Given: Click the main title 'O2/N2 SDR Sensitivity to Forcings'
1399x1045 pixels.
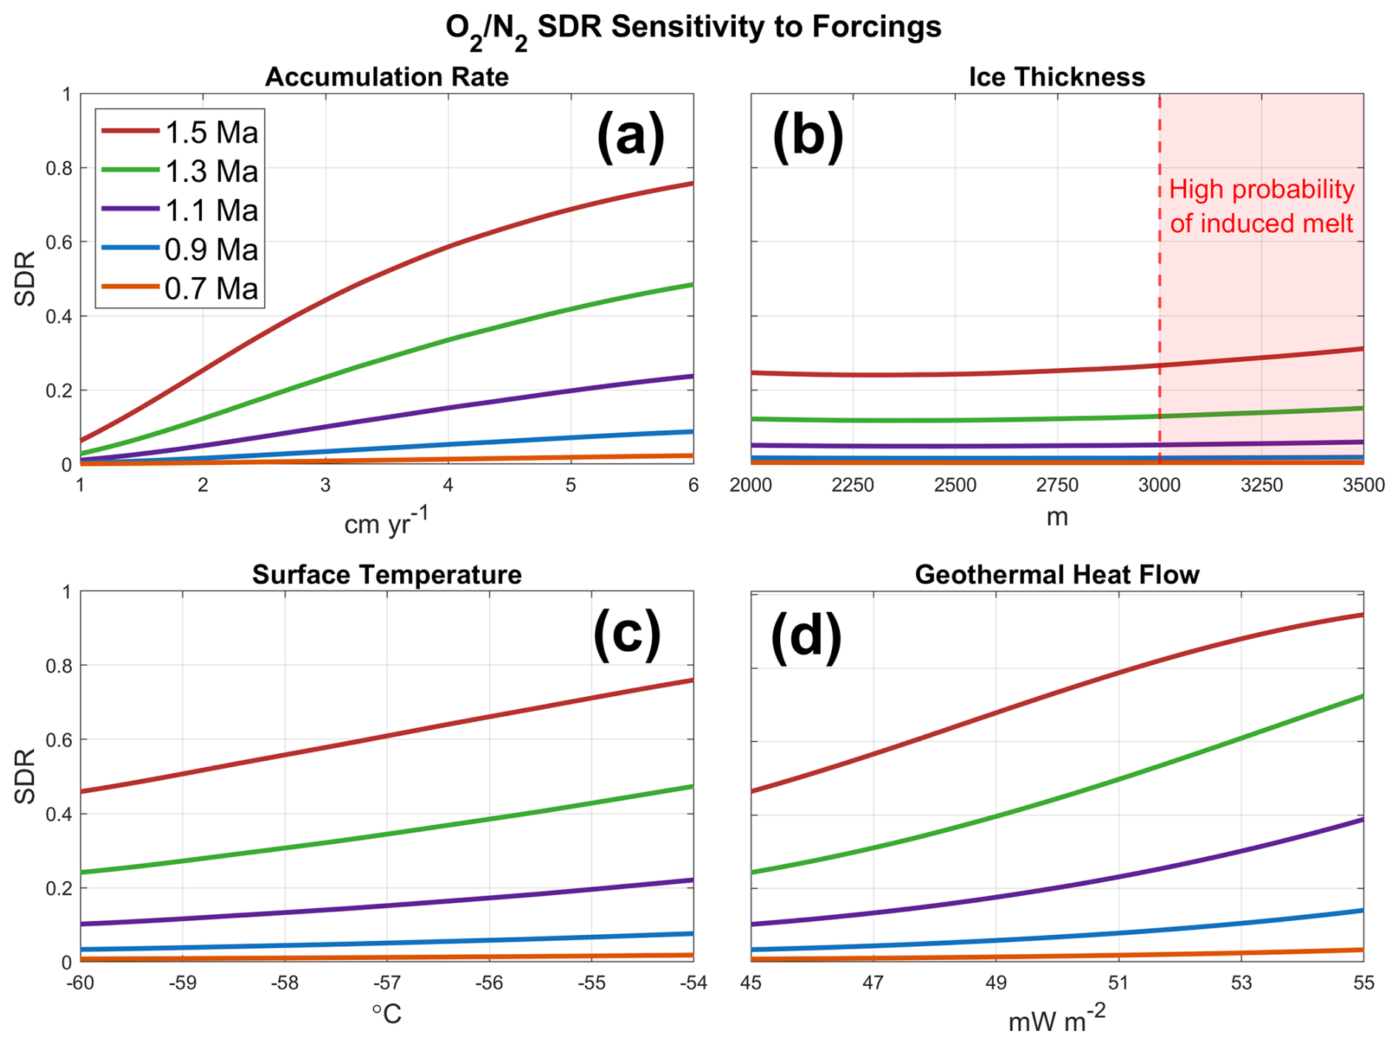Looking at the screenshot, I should coord(693,28).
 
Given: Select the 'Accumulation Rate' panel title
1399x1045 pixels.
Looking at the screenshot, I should coord(387,77).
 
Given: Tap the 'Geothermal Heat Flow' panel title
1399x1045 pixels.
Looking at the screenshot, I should coord(1057,574).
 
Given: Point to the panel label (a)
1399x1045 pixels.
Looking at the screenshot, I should coord(630,136).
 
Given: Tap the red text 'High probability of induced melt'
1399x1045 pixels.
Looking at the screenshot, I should coord(1261,206).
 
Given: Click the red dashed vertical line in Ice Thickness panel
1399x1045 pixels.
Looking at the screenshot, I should coord(1159,296).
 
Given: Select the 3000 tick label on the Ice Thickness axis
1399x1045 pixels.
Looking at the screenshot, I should coord(1159,486).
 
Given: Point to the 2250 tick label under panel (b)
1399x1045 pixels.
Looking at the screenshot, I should coord(853,486).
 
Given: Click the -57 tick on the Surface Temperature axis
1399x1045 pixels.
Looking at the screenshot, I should coord(387,983).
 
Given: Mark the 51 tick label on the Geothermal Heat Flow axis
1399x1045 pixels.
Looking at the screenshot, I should coord(1118,983).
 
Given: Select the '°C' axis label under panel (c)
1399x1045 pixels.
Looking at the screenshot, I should coord(387,1014).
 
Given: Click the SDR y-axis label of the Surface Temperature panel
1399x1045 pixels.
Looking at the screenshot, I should coord(25,776).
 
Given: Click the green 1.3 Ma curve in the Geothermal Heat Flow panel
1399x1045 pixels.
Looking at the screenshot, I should coord(1118,779).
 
